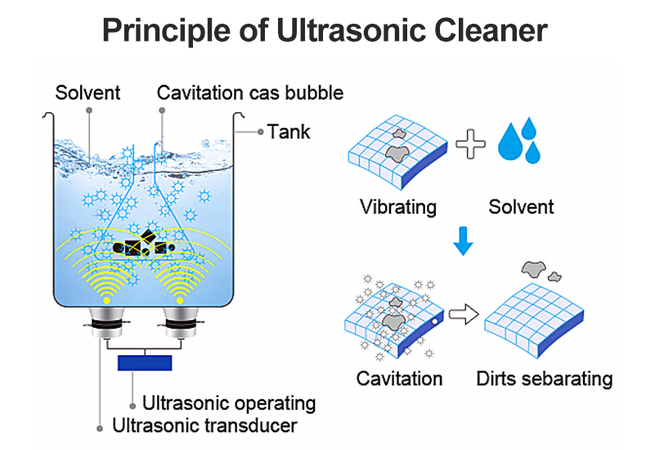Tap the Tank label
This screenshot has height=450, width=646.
tap(289, 132)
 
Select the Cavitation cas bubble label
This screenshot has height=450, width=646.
tap(250, 92)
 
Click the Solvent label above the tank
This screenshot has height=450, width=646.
tap(87, 92)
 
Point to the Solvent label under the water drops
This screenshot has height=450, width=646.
tap(521, 207)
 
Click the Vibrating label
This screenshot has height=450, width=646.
tap(398, 207)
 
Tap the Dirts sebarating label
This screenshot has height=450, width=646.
tap(545, 379)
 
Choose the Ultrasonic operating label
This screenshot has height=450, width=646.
tap(229, 403)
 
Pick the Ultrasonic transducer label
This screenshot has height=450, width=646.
tap(204, 425)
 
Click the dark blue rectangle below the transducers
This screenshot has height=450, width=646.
tap(145, 362)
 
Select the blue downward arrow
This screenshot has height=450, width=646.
tap(463, 241)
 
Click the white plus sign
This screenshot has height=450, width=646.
tap(470, 144)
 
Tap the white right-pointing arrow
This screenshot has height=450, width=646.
tap(464, 314)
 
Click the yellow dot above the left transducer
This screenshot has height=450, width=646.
tap(106, 300)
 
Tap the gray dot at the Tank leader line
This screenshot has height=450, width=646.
tap(260, 132)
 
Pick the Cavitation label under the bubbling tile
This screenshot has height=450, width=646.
tap(399, 379)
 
